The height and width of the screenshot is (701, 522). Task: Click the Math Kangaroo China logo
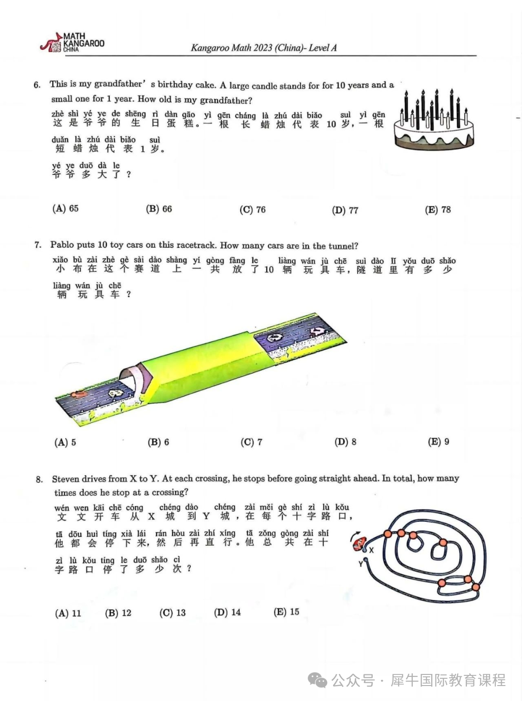[x=72, y=43]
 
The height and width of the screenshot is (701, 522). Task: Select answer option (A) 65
[x=65, y=209]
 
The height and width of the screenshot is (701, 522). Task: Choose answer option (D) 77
[x=345, y=210]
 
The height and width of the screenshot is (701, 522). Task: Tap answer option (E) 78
[x=438, y=210]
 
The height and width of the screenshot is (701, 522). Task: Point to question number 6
[x=37, y=85]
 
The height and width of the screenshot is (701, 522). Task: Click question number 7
[x=38, y=245]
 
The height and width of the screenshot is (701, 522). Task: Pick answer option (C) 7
[x=251, y=442]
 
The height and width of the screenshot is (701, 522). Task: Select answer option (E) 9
[x=438, y=442]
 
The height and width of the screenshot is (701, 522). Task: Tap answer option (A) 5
[x=65, y=442]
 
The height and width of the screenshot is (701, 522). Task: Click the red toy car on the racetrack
[x=78, y=394]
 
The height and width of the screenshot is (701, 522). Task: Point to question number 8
[x=39, y=479]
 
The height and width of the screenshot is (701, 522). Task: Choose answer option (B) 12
[x=118, y=613]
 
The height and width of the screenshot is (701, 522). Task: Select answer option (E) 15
[x=286, y=612]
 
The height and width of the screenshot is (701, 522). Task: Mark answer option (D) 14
[x=227, y=613]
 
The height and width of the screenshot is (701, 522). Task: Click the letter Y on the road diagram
[x=361, y=564]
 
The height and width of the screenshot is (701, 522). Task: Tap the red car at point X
[x=360, y=544]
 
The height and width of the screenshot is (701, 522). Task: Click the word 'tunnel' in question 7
[x=342, y=246]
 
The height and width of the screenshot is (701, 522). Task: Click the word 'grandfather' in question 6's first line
[x=118, y=84]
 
